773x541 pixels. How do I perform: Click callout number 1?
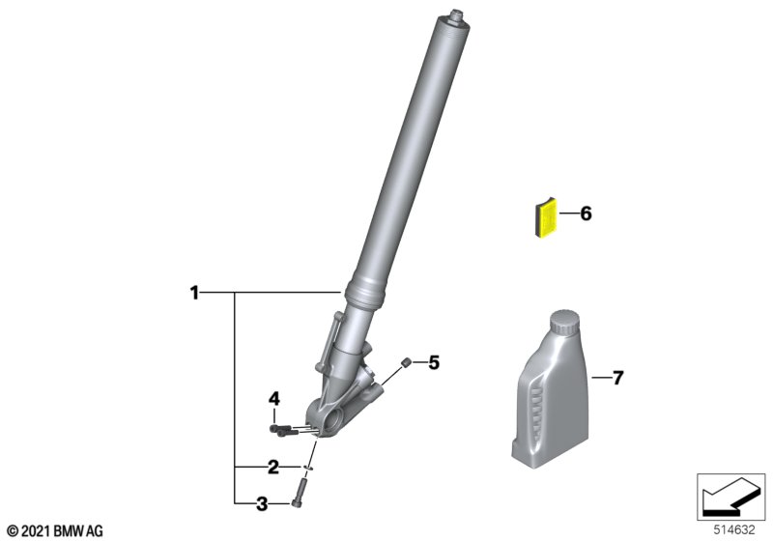coord(195,293)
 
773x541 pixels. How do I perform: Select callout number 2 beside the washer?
coord(273,467)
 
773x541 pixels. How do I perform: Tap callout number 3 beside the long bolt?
coord(262,504)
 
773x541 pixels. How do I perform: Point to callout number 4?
coord(274,399)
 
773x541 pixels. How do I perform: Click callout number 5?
coord(433,362)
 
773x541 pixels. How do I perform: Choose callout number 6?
coord(586,214)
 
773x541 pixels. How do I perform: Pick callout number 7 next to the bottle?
coord(617,378)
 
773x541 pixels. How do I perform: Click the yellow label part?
coord(546,217)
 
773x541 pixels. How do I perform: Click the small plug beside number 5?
coord(407,362)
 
